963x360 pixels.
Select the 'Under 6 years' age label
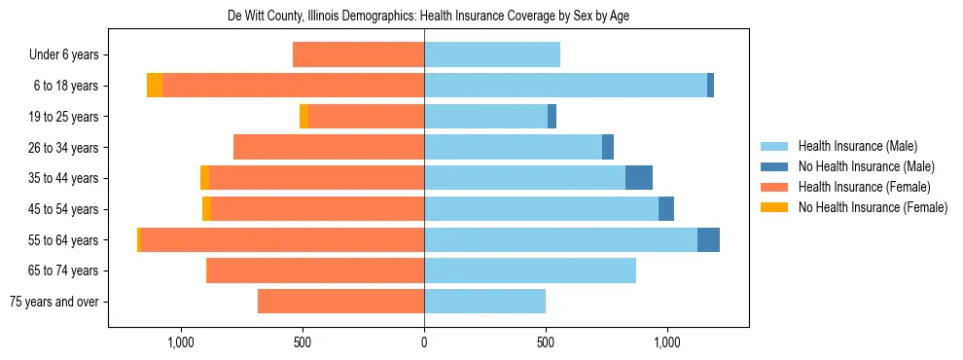(x=70, y=55)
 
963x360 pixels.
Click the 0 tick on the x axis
(x=424, y=342)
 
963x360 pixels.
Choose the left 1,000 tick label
(x=181, y=342)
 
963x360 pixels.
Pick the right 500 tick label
(x=546, y=342)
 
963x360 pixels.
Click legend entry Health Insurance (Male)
(x=857, y=146)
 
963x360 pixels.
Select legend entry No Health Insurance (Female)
(x=873, y=207)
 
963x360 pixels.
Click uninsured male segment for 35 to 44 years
(x=639, y=178)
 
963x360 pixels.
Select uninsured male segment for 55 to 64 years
(x=708, y=239)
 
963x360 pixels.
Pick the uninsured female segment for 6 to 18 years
(x=155, y=86)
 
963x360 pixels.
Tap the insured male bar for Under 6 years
(x=492, y=55)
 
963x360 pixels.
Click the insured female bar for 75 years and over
(x=340, y=302)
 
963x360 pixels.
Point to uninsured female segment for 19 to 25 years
(x=303, y=117)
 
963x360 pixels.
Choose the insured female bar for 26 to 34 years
(x=329, y=147)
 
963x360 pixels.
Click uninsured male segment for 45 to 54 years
(x=666, y=209)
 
